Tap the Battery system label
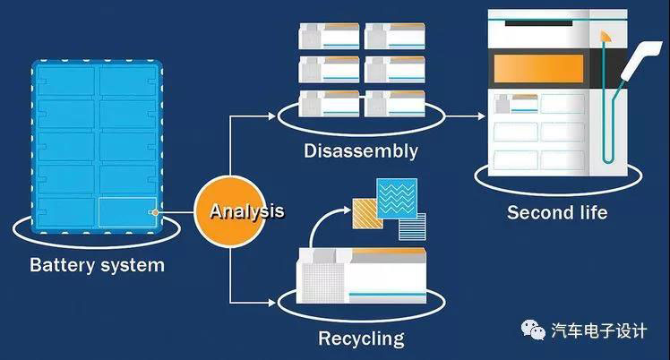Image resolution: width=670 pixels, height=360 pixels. pyautogui.click(x=97, y=265)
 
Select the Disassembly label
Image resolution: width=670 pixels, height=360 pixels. pyautogui.click(x=360, y=150)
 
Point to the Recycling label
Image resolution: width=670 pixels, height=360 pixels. pyautogui.click(x=360, y=339)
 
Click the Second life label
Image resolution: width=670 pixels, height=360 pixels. pyautogui.click(x=557, y=212)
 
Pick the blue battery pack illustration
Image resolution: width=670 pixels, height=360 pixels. pyautogui.click(x=97, y=148)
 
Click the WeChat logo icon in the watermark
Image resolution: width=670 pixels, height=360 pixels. pyautogui.click(x=536, y=330)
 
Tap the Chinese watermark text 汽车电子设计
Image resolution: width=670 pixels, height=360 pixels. pyautogui.click(x=598, y=330)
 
